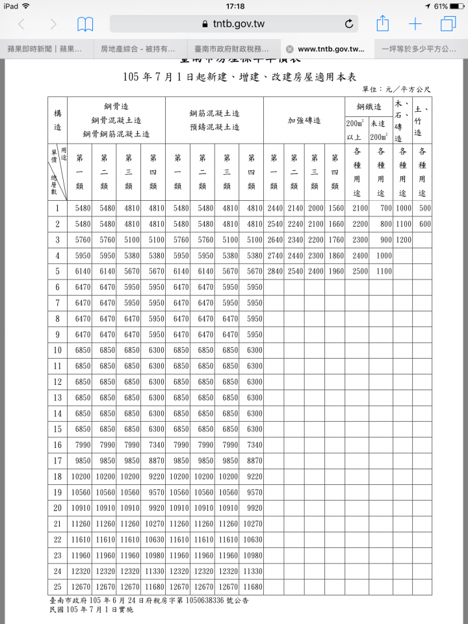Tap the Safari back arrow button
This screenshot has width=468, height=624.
(x=21, y=24)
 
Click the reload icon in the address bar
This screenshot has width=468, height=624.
(x=349, y=24)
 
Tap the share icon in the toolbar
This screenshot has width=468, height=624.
(x=383, y=24)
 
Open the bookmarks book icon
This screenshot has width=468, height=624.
(x=85, y=24)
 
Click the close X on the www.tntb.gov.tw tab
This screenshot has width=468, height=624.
(x=289, y=49)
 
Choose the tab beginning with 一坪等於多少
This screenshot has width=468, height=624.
(x=419, y=49)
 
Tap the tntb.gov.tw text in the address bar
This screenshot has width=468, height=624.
(x=238, y=24)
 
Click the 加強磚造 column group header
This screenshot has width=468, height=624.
(x=304, y=120)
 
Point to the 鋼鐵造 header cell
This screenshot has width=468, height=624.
(x=369, y=107)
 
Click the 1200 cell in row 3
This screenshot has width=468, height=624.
(x=403, y=240)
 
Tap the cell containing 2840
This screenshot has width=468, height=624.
(x=275, y=271)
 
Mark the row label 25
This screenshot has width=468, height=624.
(x=57, y=586)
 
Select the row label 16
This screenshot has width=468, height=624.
(x=57, y=445)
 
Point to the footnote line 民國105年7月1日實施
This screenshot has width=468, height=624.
(x=91, y=610)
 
